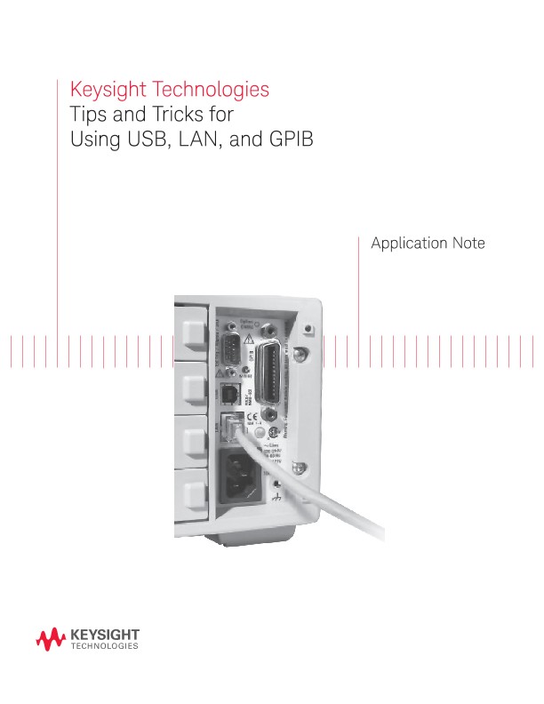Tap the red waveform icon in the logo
(x=50, y=637)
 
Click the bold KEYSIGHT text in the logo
(x=103, y=634)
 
